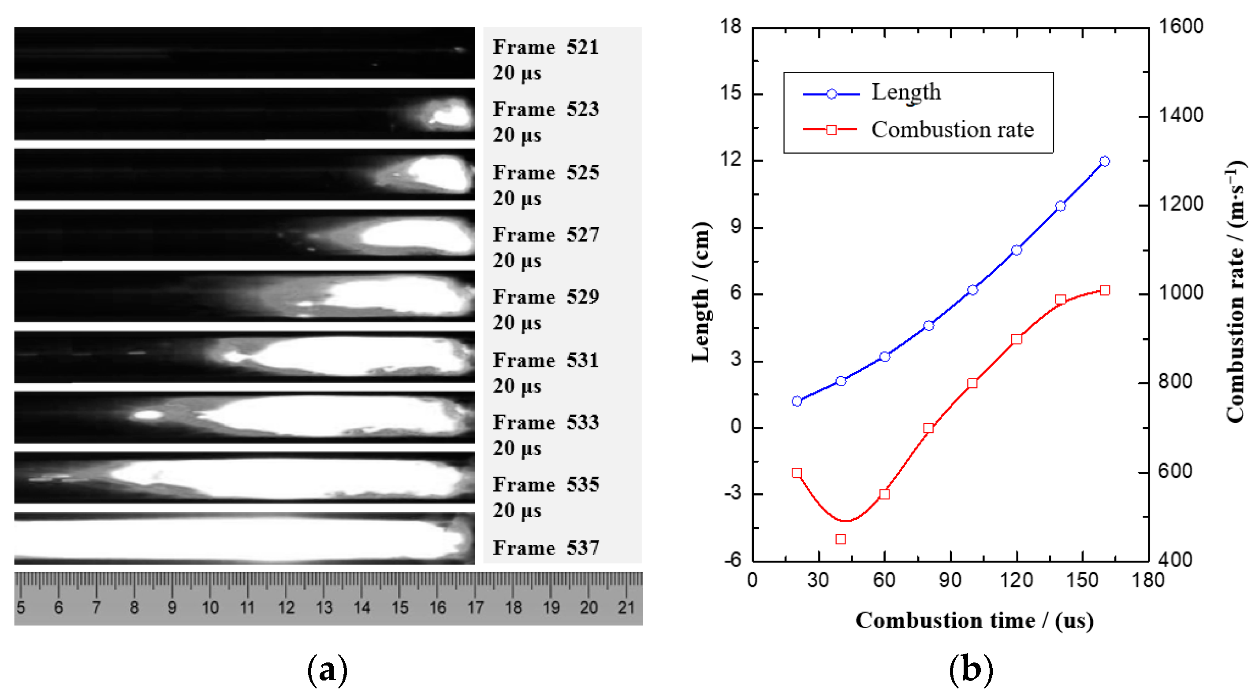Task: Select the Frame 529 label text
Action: tap(545, 297)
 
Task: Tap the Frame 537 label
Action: tap(545, 548)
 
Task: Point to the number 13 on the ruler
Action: tap(324, 608)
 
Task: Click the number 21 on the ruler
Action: tap(626, 608)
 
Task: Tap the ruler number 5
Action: tap(21, 608)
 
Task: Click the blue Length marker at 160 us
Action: tap(1105, 161)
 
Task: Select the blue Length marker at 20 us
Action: tap(797, 402)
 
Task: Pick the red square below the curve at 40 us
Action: tap(841, 539)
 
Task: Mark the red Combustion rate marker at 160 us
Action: tap(1105, 291)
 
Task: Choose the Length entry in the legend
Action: tap(905, 92)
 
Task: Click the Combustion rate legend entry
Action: tap(952, 130)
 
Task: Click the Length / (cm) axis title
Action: tap(701, 292)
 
